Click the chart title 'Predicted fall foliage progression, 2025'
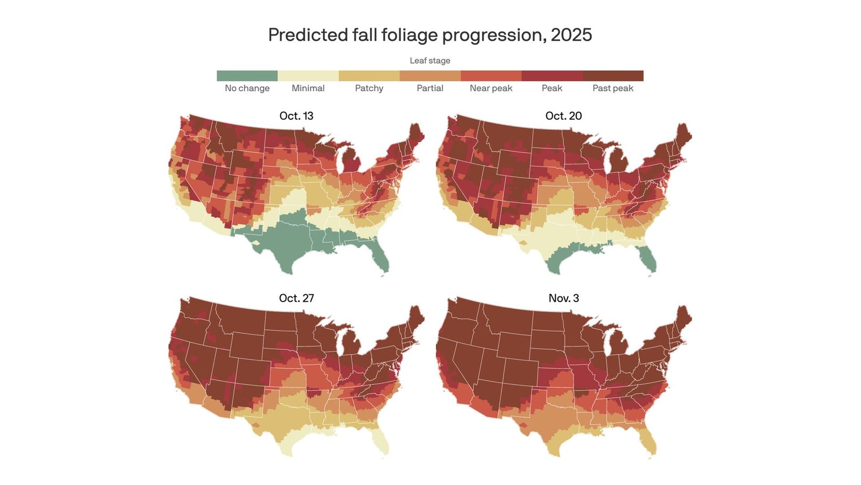[x=430, y=35]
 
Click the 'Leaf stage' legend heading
[x=430, y=61]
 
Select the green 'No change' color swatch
[x=247, y=75]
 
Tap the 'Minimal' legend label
[x=308, y=88]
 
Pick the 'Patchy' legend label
[x=369, y=88]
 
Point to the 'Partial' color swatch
[x=430, y=75]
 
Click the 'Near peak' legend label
[x=491, y=88]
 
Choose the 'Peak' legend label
[x=552, y=88]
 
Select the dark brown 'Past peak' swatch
[x=613, y=75]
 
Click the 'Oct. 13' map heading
[x=296, y=116]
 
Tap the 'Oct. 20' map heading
[x=563, y=116]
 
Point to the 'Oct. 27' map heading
[x=296, y=298]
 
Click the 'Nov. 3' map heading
[x=563, y=298]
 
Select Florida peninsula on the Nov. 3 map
[x=648, y=442]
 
